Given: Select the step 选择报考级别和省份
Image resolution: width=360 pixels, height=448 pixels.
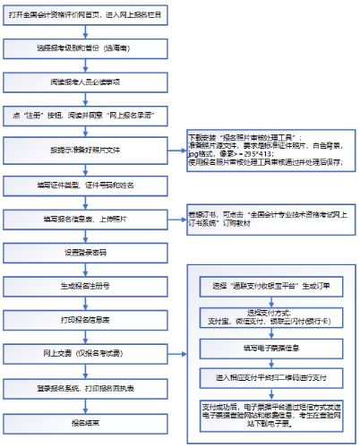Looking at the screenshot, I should [x=85, y=47].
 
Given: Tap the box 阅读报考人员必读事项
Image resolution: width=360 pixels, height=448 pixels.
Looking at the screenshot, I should [x=85, y=81].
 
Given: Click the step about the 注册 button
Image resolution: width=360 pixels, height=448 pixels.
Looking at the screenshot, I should [x=85, y=116].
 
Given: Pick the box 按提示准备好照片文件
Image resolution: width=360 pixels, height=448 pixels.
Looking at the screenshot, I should [x=85, y=150].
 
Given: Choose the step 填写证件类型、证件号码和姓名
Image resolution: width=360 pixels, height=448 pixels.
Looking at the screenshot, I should [x=85, y=184].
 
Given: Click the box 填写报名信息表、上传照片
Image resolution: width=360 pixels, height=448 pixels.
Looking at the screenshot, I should [x=85, y=218].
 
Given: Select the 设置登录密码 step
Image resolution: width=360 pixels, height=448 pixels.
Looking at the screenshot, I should [x=85, y=252].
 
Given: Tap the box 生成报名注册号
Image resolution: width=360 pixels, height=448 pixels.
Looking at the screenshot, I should [x=85, y=286].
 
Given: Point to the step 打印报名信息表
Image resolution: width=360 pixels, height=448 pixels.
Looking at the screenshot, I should [x=85, y=320].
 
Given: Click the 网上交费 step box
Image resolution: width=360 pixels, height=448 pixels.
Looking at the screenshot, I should [x=85, y=354].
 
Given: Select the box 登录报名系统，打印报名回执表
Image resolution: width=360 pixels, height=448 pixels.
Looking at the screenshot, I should [x=85, y=388].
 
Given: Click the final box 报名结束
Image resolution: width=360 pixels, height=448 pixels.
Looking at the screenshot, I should [x=85, y=422].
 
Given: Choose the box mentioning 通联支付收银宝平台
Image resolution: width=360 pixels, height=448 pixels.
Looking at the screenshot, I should [x=270, y=286].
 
